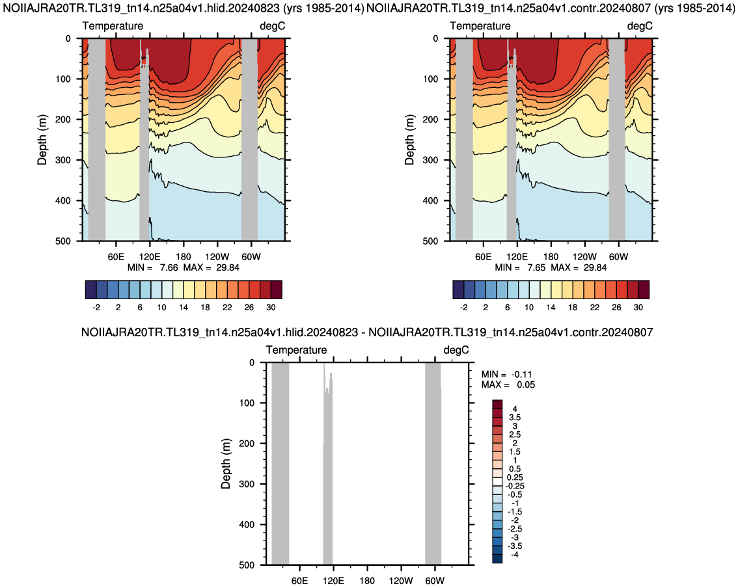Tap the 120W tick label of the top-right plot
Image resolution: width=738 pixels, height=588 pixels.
[x=584, y=257]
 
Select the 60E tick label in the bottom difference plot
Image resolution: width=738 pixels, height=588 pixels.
[x=300, y=580]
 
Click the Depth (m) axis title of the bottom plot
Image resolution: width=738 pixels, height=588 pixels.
[x=226, y=464]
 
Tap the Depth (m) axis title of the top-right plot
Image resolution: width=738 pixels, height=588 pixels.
[x=409, y=140]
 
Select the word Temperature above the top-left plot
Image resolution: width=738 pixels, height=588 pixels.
[x=113, y=26]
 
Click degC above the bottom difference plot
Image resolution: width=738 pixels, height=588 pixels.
[x=456, y=350]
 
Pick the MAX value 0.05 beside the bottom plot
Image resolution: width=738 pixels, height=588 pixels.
[x=526, y=385]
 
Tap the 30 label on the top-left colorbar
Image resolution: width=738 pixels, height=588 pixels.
[x=271, y=307]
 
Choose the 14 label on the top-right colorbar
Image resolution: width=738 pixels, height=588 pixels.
[x=551, y=307]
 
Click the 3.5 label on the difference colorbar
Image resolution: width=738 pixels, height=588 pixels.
[x=514, y=418]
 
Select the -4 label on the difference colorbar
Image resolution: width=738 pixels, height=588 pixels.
[x=514, y=555]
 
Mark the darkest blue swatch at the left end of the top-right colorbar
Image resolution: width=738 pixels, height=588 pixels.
[x=458, y=289]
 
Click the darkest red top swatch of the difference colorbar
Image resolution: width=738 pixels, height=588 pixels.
[x=497, y=405]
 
